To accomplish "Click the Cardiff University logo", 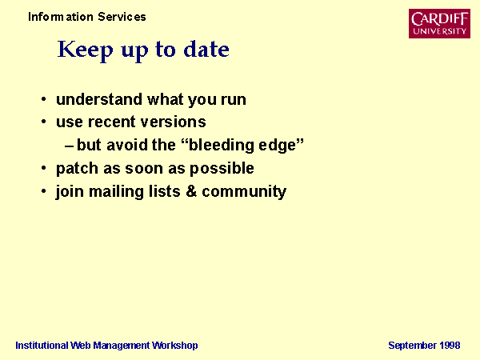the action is [439, 23].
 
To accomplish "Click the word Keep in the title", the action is [85, 50].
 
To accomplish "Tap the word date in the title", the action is [206, 49].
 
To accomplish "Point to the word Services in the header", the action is [122, 17].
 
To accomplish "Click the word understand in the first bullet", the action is [99, 99].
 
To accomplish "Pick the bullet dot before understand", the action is [44, 99].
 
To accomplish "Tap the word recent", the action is [112, 122].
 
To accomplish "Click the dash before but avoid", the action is [69, 146].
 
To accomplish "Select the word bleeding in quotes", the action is [222, 145].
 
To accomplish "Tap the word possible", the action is [222, 168].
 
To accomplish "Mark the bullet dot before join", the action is [44, 191].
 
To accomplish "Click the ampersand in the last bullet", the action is [191, 191].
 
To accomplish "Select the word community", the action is [244, 192].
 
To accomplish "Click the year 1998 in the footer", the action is [450, 346].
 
